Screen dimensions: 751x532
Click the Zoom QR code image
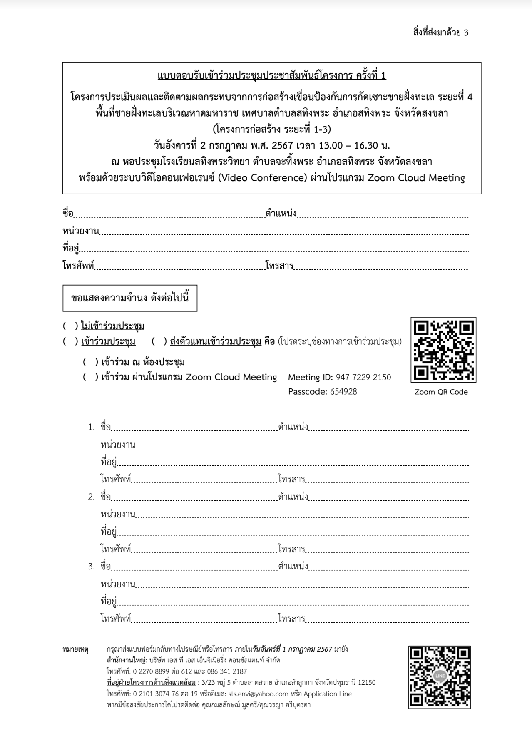[x=443, y=350]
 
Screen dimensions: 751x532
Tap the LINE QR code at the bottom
[x=440, y=676]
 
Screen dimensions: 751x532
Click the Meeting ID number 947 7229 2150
[x=363, y=378]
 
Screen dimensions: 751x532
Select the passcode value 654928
[x=343, y=392]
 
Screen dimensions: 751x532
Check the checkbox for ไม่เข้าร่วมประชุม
[x=70, y=326]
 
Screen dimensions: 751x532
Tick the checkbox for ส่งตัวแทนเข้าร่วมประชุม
[x=159, y=342]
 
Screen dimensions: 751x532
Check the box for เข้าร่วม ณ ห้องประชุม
[x=90, y=362]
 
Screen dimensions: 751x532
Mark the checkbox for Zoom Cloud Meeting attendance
[x=90, y=377]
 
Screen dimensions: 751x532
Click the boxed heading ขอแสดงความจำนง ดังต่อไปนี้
[x=130, y=298]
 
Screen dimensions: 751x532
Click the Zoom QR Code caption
[x=441, y=392]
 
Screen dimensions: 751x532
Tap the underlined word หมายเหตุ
[x=75, y=649]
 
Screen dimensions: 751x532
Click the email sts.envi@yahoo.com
[x=258, y=694]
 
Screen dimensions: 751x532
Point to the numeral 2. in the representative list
[x=92, y=497]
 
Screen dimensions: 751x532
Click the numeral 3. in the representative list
[x=92, y=567]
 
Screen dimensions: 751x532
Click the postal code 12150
[x=366, y=683]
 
